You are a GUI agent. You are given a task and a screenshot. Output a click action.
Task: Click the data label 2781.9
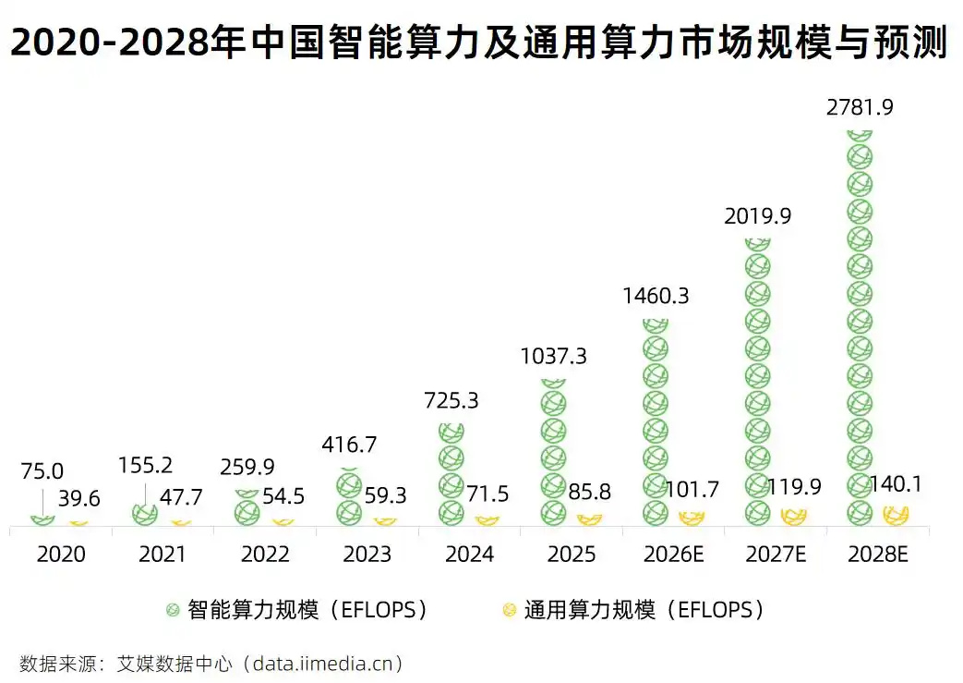pyautogui.click(x=860, y=107)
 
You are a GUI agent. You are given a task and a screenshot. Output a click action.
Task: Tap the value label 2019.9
pyautogui.click(x=757, y=216)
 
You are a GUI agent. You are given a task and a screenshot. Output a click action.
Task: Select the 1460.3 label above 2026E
pyautogui.click(x=656, y=297)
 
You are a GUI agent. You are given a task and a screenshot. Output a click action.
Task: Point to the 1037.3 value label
pyautogui.click(x=553, y=357)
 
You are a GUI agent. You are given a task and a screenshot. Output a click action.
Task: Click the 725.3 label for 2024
pyautogui.click(x=451, y=401)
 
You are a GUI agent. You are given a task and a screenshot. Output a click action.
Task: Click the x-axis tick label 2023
pyautogui.click(x=367, y=555)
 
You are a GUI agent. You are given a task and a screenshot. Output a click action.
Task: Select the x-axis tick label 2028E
pyautogui.click(x=878, y=555)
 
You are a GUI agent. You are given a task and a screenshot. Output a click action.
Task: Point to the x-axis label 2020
pyautogui.click(x=61, y=555)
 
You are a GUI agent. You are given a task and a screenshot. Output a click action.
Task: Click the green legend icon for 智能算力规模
pyautogui.click(x=172, y=610)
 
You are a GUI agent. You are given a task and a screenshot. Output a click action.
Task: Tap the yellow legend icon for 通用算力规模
pyautogui.click(x=508, y=610)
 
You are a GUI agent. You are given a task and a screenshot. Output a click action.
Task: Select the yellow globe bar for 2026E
pyautogui.click(x=691, y=518)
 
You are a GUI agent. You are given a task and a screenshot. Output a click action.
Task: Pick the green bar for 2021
pyautogui.click(x=144, y=515)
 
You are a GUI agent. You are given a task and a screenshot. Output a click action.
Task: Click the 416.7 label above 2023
pyautogui.click(x=349, y=445)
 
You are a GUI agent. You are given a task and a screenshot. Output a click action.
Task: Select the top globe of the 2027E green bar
pyautogui.click(x=757, y=244)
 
